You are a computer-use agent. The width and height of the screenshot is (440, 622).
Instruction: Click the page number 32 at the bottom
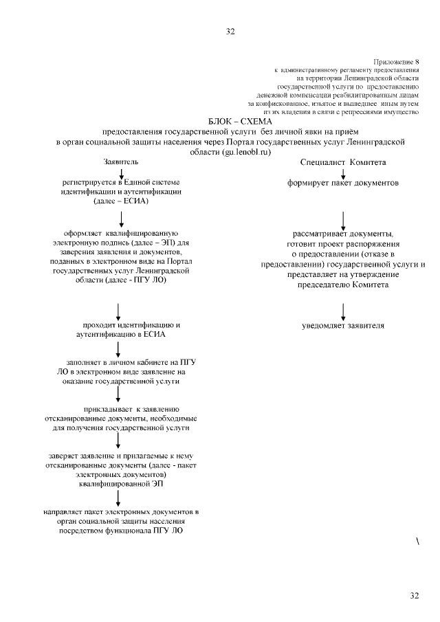click(414, 595)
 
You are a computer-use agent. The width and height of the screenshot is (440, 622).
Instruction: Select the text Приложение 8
click(397, 62)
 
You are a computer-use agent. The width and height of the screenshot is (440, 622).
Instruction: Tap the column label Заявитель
click(121, 161)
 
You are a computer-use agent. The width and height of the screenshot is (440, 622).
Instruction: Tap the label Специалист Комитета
click(343, 162)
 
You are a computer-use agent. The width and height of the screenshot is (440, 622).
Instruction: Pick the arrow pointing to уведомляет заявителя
click(343, 309)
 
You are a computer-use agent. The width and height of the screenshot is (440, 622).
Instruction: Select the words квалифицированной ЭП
click(121, 484)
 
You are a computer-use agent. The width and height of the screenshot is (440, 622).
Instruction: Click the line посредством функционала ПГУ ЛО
click(121, 531)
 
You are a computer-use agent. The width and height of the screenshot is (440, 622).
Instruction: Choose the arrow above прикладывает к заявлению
click(119, 392)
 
